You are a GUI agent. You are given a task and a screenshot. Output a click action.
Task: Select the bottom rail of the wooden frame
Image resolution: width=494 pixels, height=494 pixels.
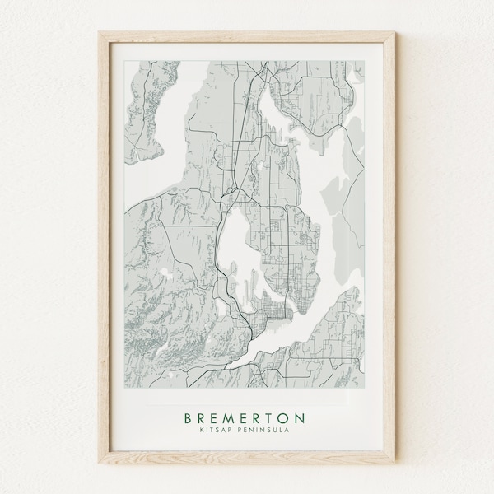(247, 461)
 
